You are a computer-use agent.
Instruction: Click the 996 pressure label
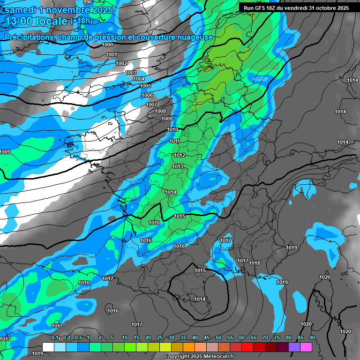point(88,2)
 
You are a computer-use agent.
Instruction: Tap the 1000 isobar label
point(107,45)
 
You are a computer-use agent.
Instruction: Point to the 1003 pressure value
point(131,73)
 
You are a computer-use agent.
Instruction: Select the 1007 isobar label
point(151,104)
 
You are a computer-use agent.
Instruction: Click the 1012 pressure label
point(180,155)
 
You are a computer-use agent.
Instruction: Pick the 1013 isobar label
point(178,166)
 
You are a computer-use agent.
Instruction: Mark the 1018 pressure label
point(255,263)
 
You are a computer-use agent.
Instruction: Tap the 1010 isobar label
point(172,129)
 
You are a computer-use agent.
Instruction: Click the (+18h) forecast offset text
point(81,21)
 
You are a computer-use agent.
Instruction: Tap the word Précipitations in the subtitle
point(28,37)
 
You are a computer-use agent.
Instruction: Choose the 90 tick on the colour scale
point(312,337)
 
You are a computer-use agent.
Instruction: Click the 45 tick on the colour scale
point(207,337)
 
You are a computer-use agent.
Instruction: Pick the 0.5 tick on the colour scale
point(78,337)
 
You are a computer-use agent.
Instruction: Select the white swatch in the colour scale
point(48,347)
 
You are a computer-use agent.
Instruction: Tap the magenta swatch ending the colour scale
point(306,347)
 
